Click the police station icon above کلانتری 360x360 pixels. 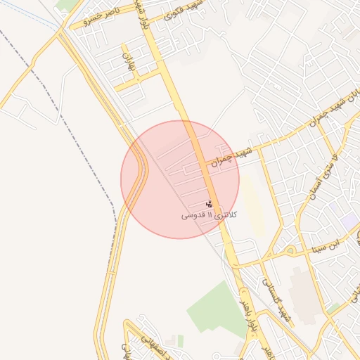(208, 204)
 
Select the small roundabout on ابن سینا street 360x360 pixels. (290, 250)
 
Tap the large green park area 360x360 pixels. (214, 309)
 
